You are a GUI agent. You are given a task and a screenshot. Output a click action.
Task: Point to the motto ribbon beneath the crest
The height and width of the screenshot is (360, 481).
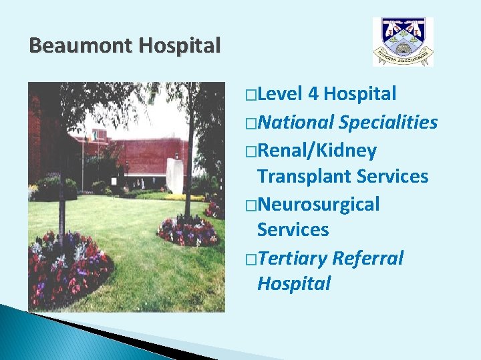coord(402,56)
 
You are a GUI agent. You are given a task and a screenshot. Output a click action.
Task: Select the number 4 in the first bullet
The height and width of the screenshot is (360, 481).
coord(313,95)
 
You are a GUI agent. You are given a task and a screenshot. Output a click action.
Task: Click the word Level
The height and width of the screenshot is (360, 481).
coord(281,95)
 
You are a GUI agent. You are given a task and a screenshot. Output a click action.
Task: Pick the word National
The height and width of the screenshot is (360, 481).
coord(295,123)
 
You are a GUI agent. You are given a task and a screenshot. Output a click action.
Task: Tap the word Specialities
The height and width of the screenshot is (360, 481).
coord(388,123)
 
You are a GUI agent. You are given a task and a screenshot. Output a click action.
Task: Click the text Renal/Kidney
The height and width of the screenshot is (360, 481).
coord(317,151)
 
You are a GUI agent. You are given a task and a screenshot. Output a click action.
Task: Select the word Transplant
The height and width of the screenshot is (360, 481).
coord(304,176)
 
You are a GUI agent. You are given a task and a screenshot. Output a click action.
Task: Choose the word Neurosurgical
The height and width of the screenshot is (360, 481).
coord(318,204)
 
